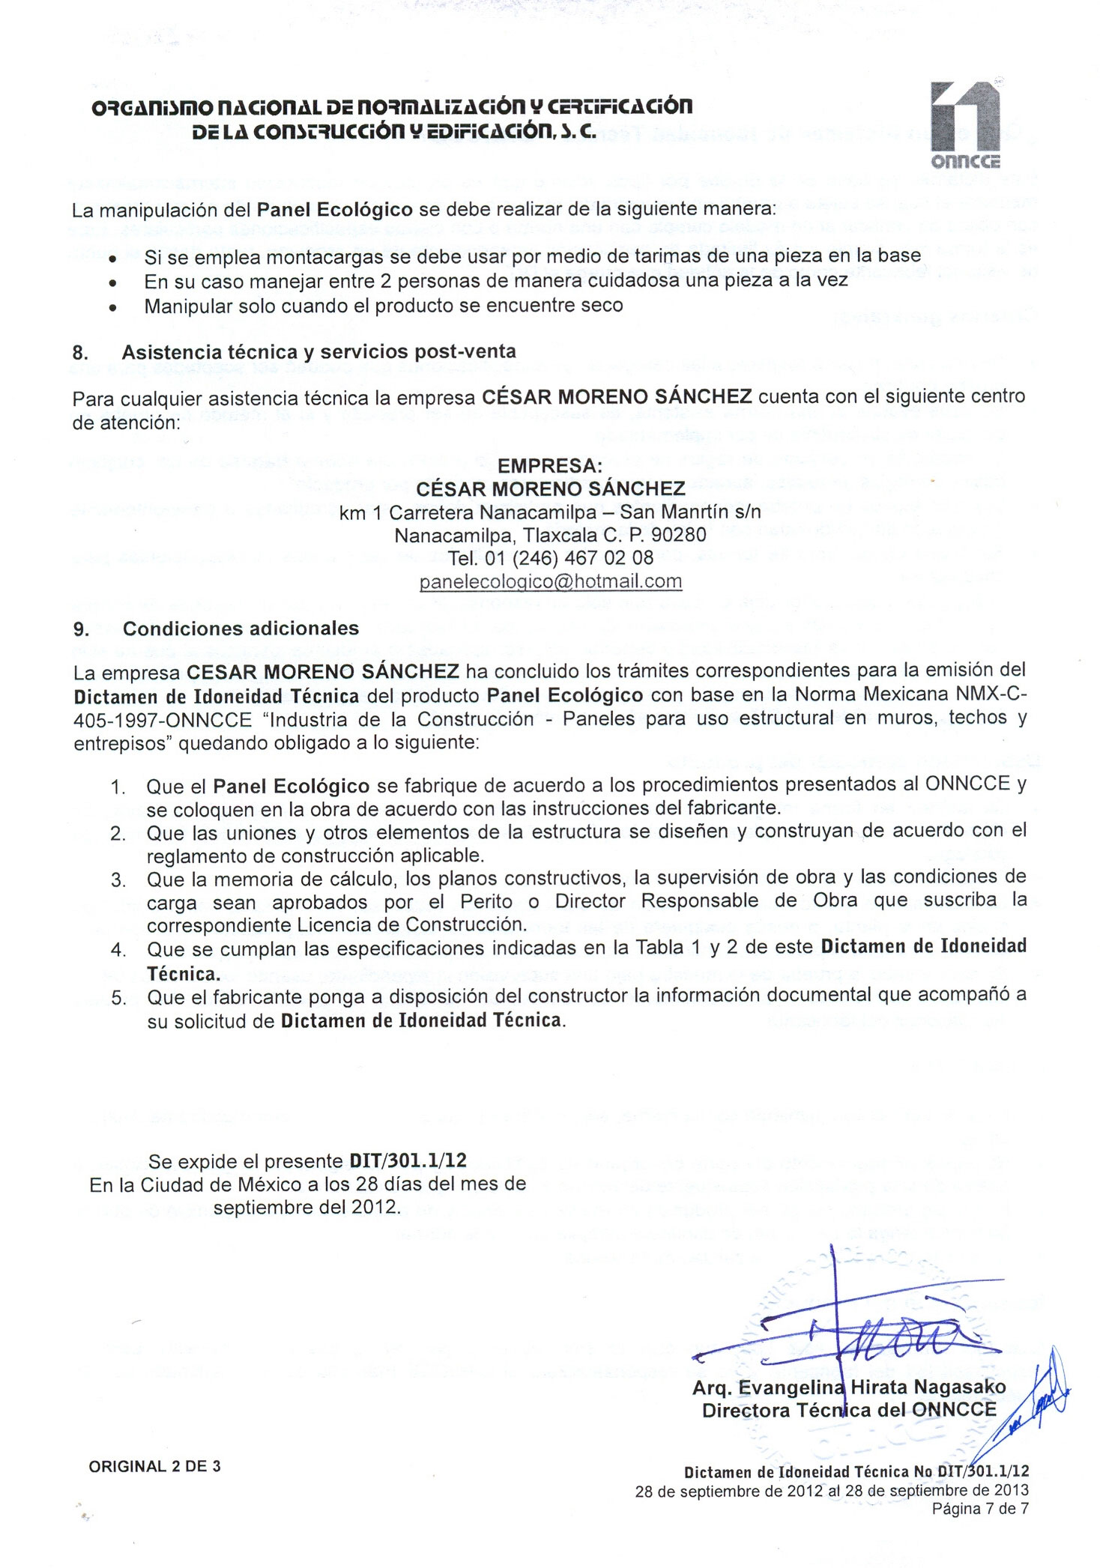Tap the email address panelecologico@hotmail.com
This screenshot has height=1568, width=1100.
click(x=551, y=581)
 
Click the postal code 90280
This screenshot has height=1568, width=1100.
click(x=679, y=535)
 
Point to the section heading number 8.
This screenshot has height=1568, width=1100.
click(x=80, y=353)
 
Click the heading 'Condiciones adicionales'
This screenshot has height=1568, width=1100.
click(x=241, y=629)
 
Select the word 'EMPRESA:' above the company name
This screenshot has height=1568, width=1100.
click(x=550, y=465)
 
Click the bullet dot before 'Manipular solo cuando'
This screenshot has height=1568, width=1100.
click(x=112, y=307)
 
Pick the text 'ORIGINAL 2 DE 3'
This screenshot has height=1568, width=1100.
click(x=154, y=1466)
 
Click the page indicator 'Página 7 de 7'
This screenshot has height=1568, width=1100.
click(x=979, y=1507)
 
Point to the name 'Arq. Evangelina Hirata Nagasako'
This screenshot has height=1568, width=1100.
click(x=848, y=1387)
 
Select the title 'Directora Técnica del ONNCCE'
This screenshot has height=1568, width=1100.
click(x=849, y=1410)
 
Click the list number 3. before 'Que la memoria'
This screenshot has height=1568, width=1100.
click(x=118, y=880)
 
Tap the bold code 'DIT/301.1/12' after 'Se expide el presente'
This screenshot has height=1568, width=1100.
click(x=408, y=1160)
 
